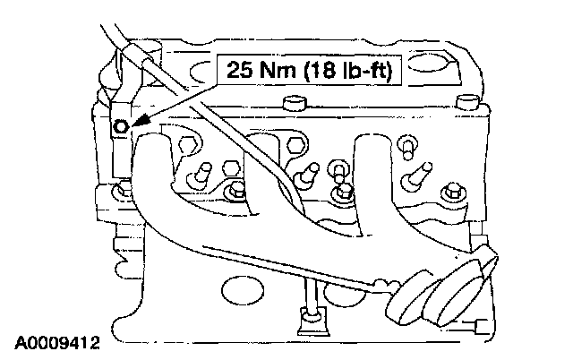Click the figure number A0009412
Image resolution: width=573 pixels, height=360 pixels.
56,341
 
